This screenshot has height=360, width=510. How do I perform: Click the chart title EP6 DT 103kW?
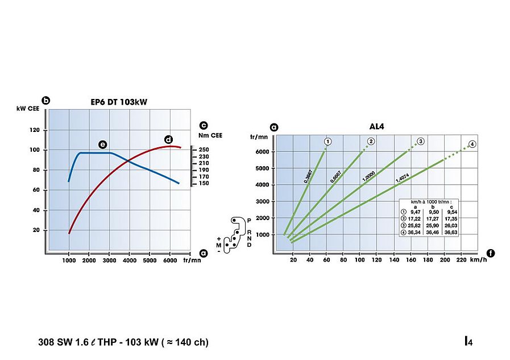coord(119,102)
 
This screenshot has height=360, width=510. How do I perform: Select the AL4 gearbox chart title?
coord(376,129)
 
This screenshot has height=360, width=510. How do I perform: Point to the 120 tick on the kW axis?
coord(35,130)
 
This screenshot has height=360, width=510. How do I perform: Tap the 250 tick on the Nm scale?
coord(204,150)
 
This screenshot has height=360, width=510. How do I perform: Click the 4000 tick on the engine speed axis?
coord(130,260)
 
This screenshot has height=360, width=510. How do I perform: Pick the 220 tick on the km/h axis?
coord(462,260)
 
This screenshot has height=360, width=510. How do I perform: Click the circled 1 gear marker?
coord(327,141)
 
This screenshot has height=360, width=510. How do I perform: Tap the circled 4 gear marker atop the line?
coord(472,144)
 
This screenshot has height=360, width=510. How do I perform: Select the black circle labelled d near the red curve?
coord(168,139)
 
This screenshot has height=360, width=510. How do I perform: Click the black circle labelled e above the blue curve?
coord(102,144)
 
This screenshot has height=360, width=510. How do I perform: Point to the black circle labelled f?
coord(491,253)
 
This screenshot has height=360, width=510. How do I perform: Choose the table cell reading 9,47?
coord(415,212)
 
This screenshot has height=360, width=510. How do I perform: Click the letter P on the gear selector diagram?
coord(248,220)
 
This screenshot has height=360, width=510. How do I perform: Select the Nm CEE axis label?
coord(210,135)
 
